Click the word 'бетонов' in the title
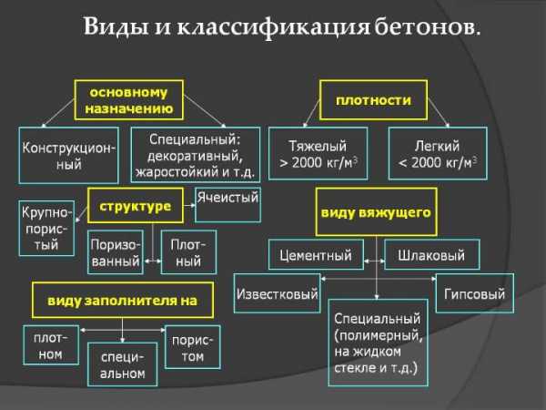425,27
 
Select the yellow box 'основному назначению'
129,100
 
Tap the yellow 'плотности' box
373,100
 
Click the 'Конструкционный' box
68,155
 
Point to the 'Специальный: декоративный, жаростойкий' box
196,155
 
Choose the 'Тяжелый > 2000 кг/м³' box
318,153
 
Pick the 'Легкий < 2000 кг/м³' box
438,153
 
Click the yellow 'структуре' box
136,205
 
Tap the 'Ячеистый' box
227,205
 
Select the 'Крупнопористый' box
46,228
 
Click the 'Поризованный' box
116,251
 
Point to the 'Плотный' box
188,251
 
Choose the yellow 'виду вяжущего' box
376,212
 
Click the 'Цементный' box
316,254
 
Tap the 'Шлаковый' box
431,254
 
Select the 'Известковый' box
278,293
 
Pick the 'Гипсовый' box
474,293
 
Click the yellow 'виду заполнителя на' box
123,300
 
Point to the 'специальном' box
122,364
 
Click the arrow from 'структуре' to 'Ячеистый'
189,205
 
